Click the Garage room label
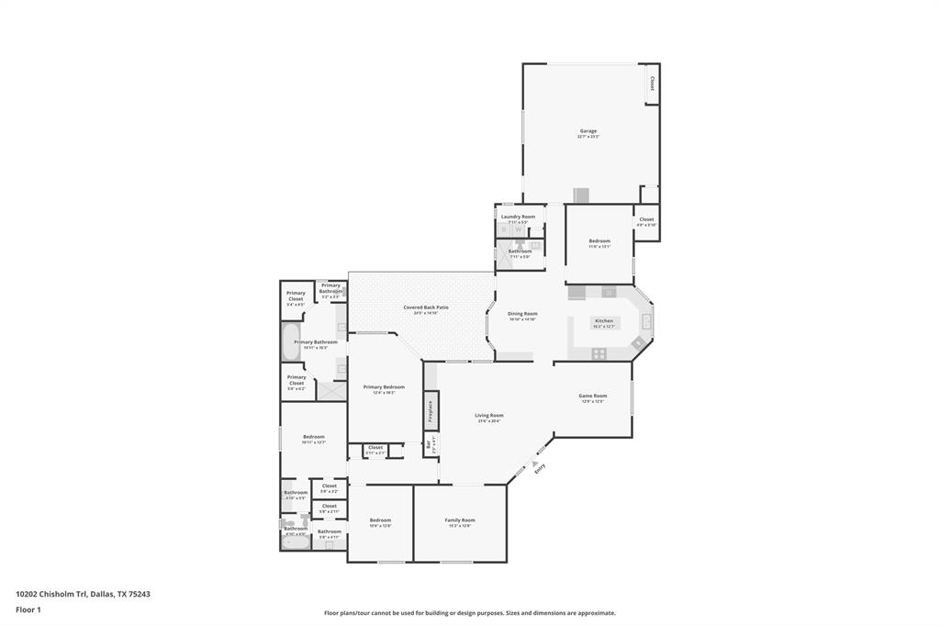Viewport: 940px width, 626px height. click(588, 131)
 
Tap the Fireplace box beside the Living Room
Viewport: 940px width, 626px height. click(430, 410)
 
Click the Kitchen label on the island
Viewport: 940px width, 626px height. click(603, 321)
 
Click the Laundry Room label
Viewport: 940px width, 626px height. click(518, 217)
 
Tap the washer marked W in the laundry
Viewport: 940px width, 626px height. click(518, 230)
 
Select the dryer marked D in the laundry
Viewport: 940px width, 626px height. click(507, 230)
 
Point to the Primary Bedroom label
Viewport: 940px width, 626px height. click(383, 387)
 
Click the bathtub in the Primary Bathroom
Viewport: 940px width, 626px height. click(290, 342)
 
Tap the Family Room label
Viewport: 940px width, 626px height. click(460, 520)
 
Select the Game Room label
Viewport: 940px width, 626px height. click(592, 397)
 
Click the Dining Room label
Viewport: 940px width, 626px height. click(522, 314)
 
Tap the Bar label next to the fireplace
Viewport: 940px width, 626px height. click(428, 446)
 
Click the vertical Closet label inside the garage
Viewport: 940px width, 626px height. click(652, 83)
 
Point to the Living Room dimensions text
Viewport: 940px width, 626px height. click(488, 421)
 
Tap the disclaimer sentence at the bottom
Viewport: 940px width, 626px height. click(469, 613)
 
